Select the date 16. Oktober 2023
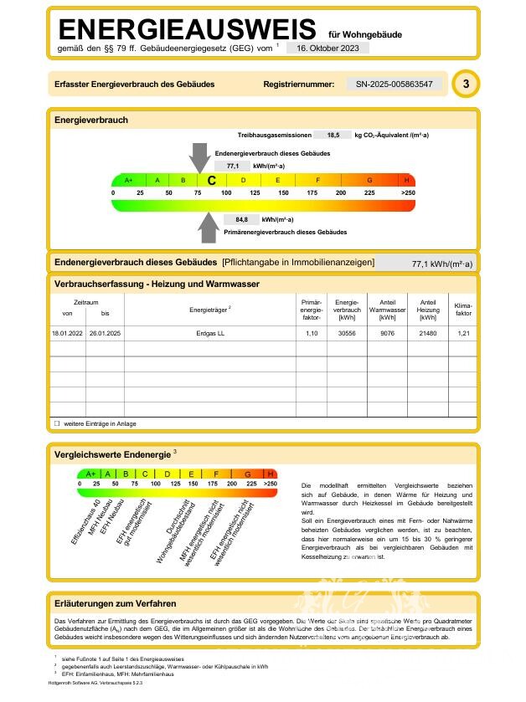tap(327, 49)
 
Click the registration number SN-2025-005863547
tap(394, 85)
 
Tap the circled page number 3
tap(466, 85)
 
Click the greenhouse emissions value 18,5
tap(333, 135)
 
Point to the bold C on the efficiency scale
tap(211, 180)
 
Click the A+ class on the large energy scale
tap(128, 180)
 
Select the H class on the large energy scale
tap(407, 180)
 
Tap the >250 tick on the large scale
tap(407, 193)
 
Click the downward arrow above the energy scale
tap(199, 156)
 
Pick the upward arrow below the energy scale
tap(207, 226)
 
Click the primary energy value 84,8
tap(241, 220)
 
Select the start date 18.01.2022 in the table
tap(67, 333)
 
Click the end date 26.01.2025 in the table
tap(105, 333)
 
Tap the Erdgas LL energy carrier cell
tap(209, 333)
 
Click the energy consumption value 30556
tap(347, 333)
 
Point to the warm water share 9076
tap(387, 333)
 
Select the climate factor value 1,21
tap(463, 333)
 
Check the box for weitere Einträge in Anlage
tap(57, 423)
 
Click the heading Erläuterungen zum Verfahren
tap(115, 603)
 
